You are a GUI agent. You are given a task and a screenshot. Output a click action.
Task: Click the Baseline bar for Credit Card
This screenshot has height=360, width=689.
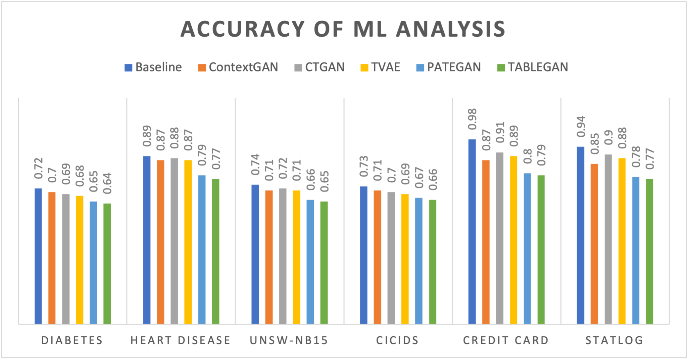472,232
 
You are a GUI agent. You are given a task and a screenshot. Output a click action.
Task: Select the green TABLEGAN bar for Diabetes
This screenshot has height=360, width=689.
107,264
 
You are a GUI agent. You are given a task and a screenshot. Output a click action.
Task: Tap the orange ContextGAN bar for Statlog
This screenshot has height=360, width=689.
594,244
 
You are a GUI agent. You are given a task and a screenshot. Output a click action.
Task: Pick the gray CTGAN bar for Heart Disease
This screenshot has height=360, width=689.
174,241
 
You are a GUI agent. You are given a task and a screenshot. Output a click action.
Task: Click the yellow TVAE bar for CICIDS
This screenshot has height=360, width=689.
405,259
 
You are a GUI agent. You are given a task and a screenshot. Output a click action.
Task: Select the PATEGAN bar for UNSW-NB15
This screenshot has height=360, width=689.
310,262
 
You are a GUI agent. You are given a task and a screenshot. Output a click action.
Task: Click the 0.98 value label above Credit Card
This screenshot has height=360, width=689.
472,119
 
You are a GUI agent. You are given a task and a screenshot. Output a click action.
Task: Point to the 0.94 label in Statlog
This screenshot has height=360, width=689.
581,127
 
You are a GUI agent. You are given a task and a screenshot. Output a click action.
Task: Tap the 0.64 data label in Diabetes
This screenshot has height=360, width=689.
107,183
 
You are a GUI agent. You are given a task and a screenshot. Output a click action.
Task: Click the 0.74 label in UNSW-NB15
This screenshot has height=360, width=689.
255,165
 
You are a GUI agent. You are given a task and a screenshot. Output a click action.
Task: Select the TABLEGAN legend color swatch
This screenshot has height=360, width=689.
501,67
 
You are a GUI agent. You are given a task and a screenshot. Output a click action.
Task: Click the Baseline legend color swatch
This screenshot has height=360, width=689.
128,67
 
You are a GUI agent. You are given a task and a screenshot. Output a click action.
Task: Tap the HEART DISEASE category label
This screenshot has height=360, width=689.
181,340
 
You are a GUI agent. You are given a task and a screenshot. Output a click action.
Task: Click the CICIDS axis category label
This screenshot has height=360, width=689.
397,340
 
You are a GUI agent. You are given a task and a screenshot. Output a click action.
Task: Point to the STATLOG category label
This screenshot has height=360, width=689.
614,340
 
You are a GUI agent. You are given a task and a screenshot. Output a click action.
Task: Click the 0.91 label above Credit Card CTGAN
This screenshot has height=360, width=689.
500,132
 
